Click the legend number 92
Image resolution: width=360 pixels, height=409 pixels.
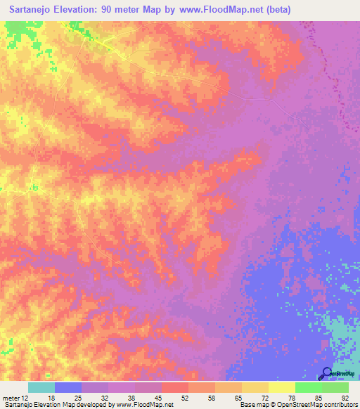coord(345,398)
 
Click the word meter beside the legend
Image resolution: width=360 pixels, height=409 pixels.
coord(11,398)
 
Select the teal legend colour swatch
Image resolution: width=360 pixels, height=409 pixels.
coord(41,387)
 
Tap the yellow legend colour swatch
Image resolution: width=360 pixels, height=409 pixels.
coord(282,387)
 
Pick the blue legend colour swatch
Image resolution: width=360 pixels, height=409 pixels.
coord(68,387)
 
